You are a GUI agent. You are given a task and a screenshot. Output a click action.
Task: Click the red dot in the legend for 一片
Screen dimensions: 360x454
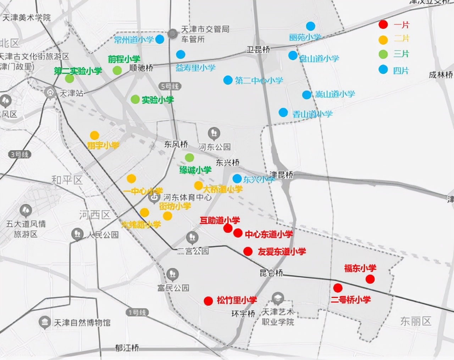383,24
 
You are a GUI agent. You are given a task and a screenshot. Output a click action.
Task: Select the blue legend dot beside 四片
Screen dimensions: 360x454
383,69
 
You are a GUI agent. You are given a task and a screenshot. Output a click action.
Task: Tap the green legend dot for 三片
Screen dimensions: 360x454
383,54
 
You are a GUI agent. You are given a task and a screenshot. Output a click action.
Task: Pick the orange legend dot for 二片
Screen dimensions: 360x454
383,39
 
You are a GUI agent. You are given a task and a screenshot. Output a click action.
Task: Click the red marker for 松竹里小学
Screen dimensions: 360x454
208,301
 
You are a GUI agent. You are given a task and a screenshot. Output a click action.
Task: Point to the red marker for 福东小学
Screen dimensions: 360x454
370,279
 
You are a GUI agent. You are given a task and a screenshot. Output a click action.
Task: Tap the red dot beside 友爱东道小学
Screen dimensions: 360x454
248,251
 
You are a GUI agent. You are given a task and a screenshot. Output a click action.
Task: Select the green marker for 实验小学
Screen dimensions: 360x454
135,99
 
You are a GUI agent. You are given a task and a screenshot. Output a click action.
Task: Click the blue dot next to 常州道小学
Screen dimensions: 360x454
160,39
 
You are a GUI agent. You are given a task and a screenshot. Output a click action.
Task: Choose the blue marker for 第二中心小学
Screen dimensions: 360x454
228,80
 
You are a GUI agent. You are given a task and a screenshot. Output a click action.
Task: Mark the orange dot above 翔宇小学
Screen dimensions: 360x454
94,135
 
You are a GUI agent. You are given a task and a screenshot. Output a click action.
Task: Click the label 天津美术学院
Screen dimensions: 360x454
27,17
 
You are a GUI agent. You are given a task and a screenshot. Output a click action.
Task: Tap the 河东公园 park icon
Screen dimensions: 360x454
214,134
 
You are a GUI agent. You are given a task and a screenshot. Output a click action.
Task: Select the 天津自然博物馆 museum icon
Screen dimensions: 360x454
45,322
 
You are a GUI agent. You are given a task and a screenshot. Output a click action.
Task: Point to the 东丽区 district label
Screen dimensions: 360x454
416,321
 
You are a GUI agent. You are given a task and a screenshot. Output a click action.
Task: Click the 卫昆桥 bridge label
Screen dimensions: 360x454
258,49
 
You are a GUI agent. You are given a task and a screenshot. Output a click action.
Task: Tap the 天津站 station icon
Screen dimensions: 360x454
50,93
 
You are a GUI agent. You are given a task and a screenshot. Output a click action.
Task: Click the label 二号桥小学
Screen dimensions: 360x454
351,300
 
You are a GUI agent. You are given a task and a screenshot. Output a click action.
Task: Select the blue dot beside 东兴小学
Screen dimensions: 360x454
237,178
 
